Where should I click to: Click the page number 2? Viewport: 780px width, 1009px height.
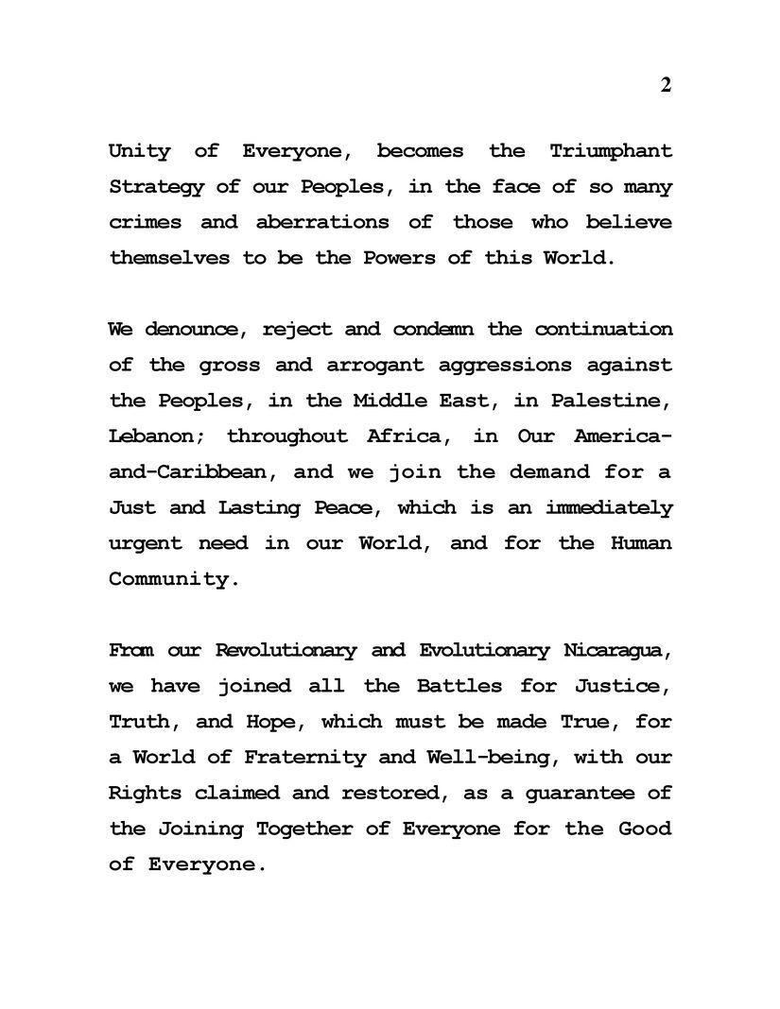[666, 85]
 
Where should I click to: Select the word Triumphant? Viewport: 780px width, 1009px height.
[610, 151]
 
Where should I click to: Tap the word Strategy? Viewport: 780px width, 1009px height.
[156, 187]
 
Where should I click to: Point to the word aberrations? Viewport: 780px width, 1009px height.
[321, 222]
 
